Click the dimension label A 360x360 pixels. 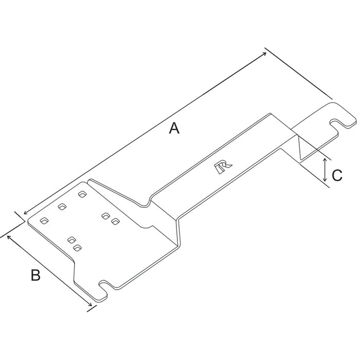pyautogui.click(x=175, y=128)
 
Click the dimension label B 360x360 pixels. pyautogui.click(x=35, y=275)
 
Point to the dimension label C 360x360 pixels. pyautogui.click(x=337, y=175)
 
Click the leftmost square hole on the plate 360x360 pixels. pyautogui.click(x=44, y=221)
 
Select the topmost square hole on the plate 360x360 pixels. pyautogui.click(x=81, y=194)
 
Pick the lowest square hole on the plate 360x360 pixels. pyautogui.click(x=77, y=248)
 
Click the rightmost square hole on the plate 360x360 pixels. pyautogui.click(x=115, y=221)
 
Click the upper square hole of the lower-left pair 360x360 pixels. pyautogui.click(x=71, y=240)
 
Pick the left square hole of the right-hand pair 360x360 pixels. pyautogui.click(x=105, y=215)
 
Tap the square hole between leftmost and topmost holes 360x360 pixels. pyautogui.click(x=62, y=207)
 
